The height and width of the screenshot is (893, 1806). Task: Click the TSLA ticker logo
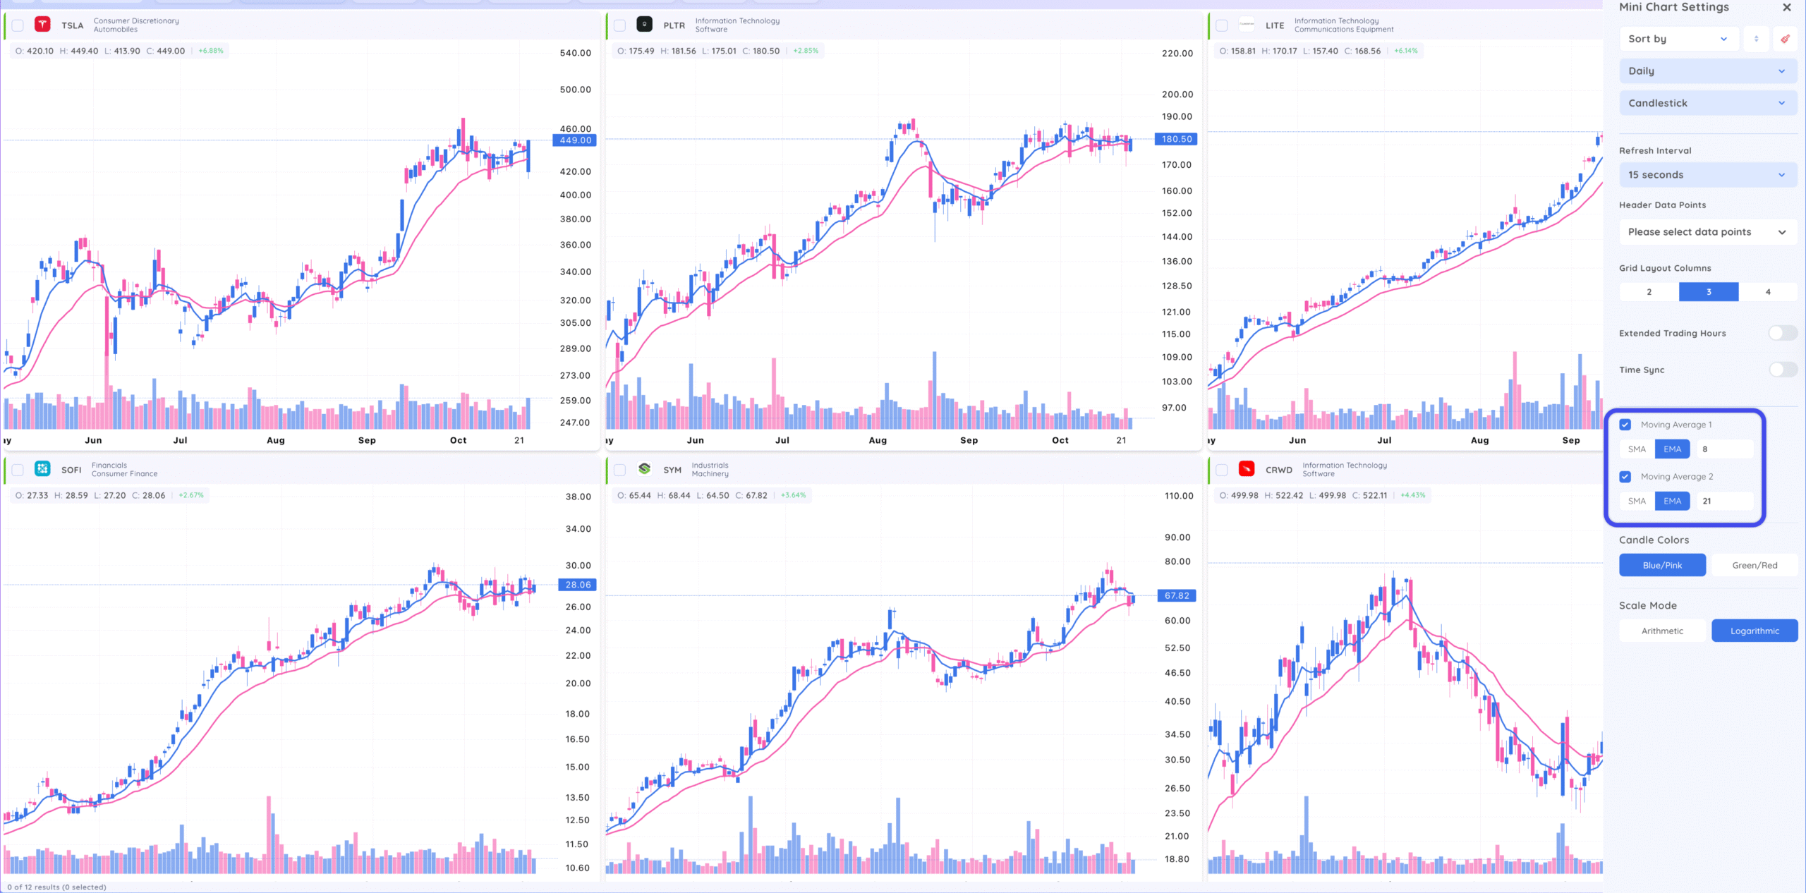[x=42, y=25]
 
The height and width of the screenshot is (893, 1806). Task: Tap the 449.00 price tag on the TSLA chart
[x=576, y=140]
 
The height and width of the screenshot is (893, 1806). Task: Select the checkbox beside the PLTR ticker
[x=619, y=25]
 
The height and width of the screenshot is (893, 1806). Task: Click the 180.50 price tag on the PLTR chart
[x=1177, y=139]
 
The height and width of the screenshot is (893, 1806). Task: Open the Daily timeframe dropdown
[x=1707, y=71]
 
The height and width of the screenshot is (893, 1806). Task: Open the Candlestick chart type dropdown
[x=1707, y=103]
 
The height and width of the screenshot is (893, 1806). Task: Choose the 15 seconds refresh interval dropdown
[x=1707, y=175]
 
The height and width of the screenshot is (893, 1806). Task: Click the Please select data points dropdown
[x=1707, y=232]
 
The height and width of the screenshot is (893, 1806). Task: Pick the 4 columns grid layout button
[x=1768, y=292]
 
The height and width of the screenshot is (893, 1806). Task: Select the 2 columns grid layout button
[x=1649, y=292]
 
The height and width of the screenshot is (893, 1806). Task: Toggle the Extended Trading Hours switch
[x=1782, y=333]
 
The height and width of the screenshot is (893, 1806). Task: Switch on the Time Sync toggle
[x=1782, y=370]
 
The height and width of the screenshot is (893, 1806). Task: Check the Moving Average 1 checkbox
[x=1625, y=425]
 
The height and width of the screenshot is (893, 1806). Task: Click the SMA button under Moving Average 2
[x=1637, y=502]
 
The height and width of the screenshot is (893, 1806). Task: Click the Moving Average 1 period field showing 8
[x=1724, y=449]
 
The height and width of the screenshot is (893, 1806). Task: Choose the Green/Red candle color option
[x=1755, y=566]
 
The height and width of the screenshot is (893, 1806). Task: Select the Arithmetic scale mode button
[x=1662, y=631]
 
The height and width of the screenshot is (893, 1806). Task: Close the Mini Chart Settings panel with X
[x=1787, y=8]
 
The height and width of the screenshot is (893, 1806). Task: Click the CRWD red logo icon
[x=1247, y=469]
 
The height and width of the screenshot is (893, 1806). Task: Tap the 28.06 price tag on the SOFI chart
[x=578, y=585]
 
